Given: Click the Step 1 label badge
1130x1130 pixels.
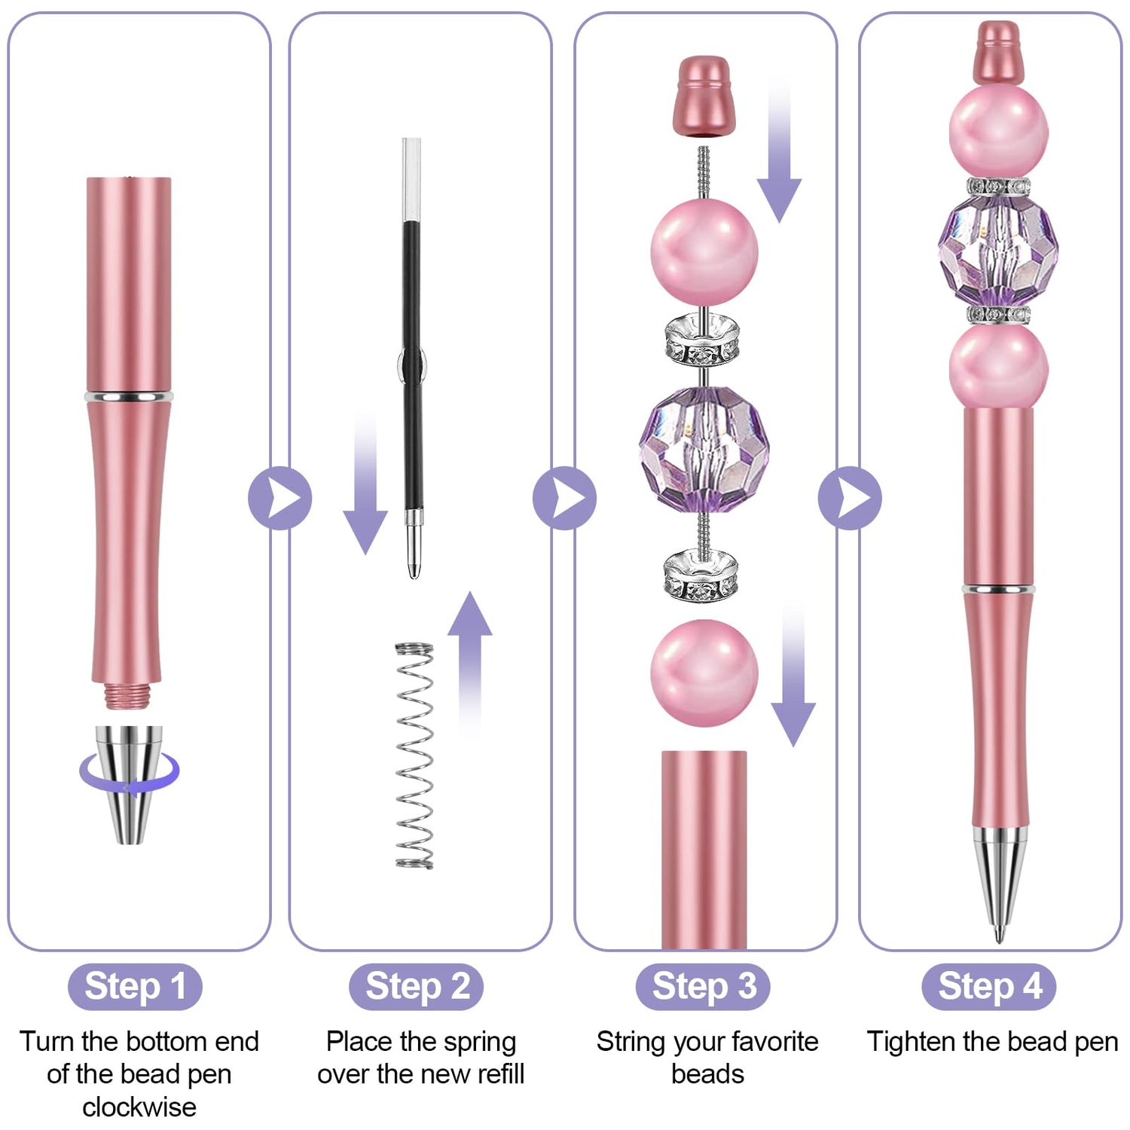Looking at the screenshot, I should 135,986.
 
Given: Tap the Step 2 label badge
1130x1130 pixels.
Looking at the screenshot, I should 417,986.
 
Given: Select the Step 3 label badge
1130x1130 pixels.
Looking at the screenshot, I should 703,986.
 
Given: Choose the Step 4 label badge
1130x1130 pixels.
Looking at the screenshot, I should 989,986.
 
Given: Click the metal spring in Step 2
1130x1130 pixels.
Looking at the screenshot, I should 414,756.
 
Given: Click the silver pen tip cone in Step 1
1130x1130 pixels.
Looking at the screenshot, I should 129,783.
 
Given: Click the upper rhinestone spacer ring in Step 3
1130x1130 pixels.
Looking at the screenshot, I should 702,339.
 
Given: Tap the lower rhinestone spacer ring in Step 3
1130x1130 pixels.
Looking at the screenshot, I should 701,576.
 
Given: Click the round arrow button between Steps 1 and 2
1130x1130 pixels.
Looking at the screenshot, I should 279,498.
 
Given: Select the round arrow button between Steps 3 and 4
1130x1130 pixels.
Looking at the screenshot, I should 850,498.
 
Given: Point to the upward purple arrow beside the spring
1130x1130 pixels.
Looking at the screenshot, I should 470,655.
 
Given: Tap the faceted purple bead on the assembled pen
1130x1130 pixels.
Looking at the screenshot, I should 998,249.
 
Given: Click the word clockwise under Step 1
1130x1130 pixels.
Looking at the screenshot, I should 139,1107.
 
